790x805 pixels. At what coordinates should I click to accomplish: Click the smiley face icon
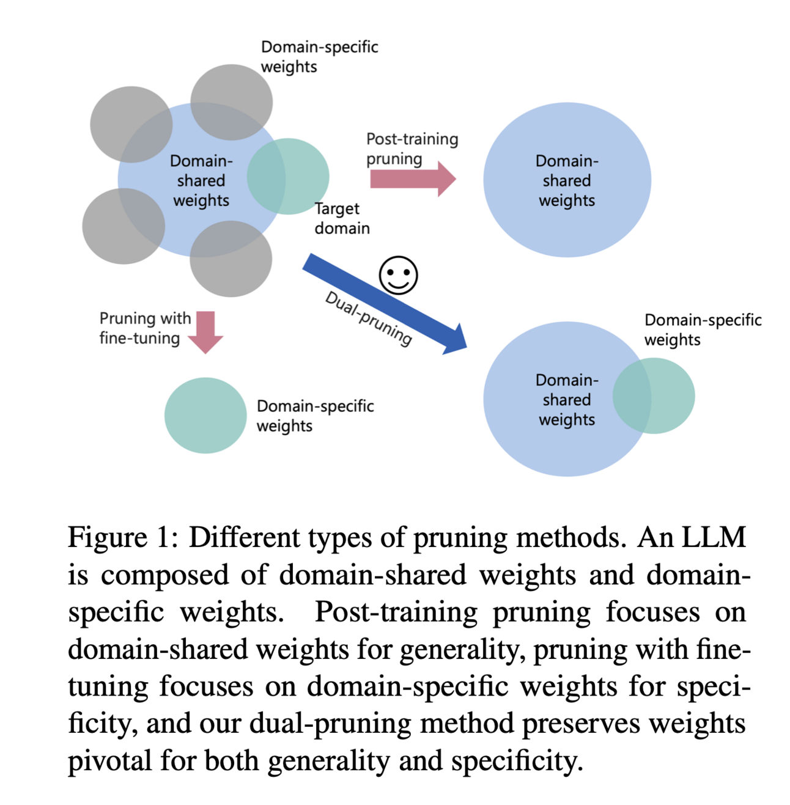click(x=398, y=275)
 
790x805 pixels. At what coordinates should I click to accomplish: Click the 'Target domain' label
click(x=342, y=218)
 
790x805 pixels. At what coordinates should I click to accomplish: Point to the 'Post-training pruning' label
click(x=412, y=149)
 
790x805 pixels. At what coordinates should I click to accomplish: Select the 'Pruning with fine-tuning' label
click(x=145, y=328)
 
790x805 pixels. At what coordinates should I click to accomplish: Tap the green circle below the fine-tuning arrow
click(x=205, y=415)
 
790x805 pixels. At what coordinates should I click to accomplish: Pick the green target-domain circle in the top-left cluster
click(x=293, y=176)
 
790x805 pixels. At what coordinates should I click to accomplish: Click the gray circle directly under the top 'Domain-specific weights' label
click(x=231, y=101)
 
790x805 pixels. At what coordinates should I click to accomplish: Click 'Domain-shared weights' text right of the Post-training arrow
click(x=567, y=180)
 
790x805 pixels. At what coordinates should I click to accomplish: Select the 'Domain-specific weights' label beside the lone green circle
click(x=315, y=416)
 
